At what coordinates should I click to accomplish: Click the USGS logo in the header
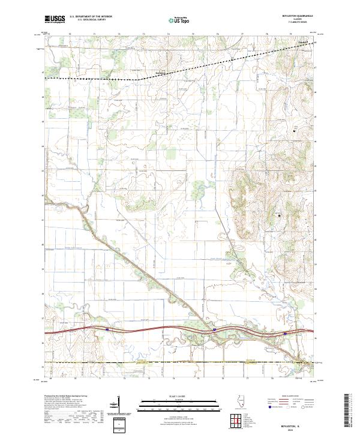click(55, 20)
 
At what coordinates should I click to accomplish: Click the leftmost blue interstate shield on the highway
click(107, 329)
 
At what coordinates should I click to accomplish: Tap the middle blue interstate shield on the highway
click(214, 329)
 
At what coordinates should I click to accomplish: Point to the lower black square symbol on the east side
click(279, 214)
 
